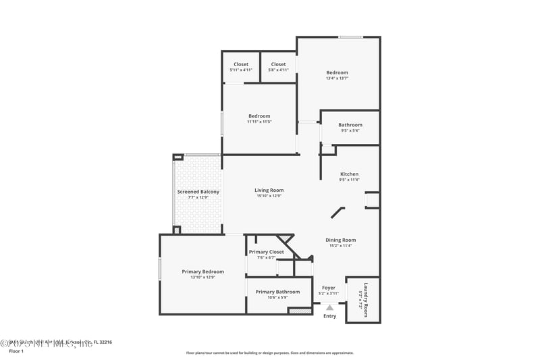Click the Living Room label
pos(269,190)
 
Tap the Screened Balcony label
pos(198,192)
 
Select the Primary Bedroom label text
pos(202,272)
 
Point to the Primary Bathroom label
pos(277,292)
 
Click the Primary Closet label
pos(266,252)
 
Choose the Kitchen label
pos(349,174)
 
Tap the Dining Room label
pos(340,240)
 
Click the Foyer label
pos(329,288)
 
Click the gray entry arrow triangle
pos(329,307)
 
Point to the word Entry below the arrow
pos(329,316)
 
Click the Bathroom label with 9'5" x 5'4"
pos(350,125)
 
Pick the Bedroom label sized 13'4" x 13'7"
pos(337,73)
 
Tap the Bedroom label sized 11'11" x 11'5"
pos(259,116)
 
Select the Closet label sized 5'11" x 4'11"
pos(241,65)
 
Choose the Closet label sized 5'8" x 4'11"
pos(278,65)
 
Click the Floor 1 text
pos(16,351)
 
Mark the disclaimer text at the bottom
pos(269,353)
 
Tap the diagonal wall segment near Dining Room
pos(337,213)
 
